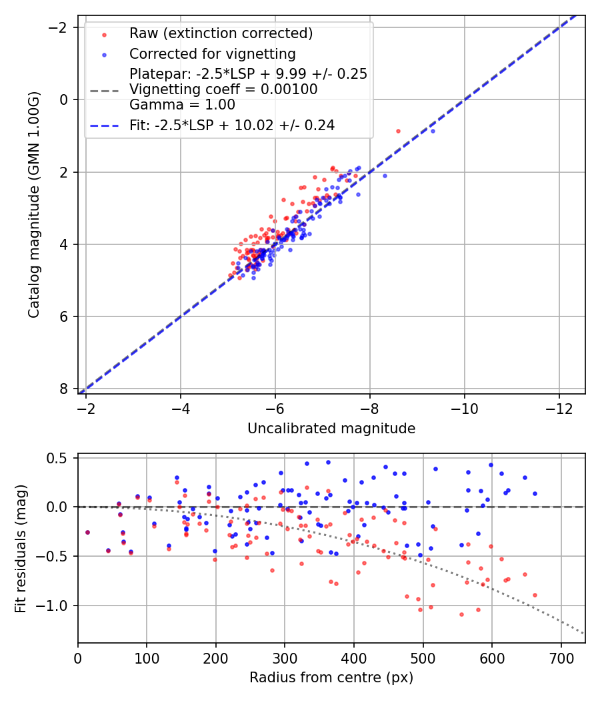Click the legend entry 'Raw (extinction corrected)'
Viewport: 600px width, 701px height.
[221, 33]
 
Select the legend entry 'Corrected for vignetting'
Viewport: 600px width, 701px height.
[212, 53]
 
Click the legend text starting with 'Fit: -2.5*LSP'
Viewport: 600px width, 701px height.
[231, 125]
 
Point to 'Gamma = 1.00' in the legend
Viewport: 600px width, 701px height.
[182, 104]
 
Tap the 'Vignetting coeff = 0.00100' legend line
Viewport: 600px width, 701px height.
[223, 89]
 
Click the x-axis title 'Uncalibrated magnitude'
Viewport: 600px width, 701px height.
[331, 429]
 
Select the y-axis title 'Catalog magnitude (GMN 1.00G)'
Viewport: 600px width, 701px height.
[34, 205]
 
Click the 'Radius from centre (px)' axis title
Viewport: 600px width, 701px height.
[331, 678]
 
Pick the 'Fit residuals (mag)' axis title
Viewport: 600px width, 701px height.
[21, 548]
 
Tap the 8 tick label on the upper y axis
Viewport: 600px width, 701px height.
[64, 389]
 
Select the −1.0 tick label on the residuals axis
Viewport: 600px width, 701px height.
[57, 606]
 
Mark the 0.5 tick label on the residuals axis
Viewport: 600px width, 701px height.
[61, 458]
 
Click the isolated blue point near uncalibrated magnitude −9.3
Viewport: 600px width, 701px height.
[433, 131]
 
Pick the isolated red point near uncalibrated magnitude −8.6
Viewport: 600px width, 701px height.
[399, 131]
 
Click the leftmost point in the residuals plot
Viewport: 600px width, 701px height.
[87, 532]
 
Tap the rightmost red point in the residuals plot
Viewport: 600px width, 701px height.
[535, 595]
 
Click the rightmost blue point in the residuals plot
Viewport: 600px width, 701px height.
[535, 493]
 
